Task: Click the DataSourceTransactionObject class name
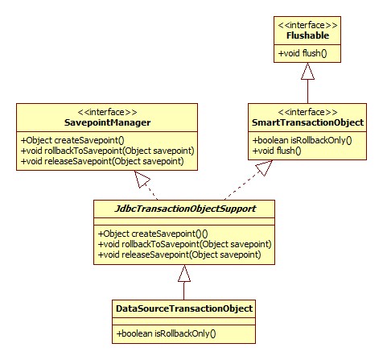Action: tap(184, 308)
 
